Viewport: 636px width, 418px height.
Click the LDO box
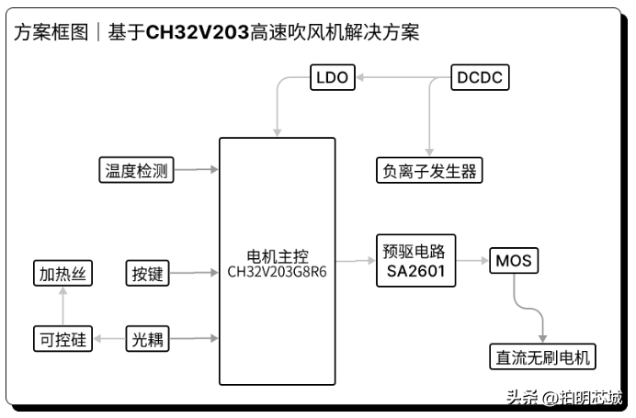332,77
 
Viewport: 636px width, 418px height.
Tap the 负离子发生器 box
429,170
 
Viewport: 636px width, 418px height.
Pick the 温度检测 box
136,170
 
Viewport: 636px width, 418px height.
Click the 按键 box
147,273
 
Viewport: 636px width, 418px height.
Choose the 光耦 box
147,339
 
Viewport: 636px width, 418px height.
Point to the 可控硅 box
62,339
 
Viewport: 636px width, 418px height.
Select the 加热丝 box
62,273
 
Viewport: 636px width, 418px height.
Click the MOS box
513,261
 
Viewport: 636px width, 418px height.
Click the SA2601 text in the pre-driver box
415,272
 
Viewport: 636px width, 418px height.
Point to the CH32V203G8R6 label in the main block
277,272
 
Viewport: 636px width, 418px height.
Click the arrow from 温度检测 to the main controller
196,170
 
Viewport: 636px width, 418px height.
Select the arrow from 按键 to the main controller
196,273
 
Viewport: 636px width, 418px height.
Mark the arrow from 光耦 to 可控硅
108,339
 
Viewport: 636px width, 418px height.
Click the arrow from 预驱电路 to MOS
472,262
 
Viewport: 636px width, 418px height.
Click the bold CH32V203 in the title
198,33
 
